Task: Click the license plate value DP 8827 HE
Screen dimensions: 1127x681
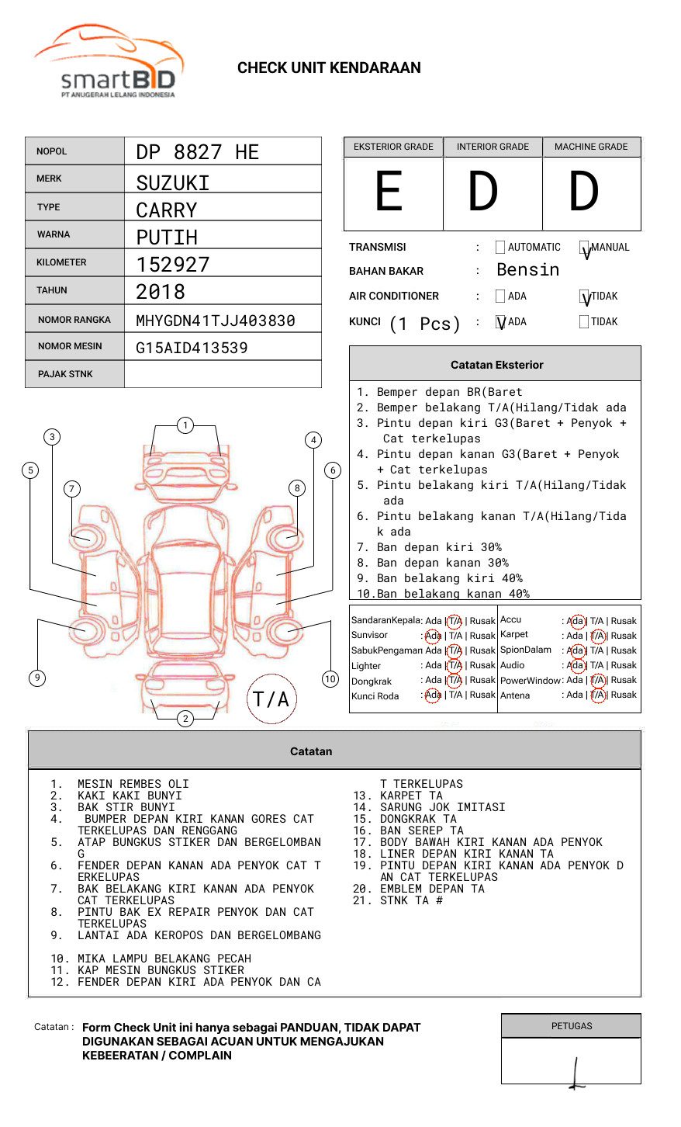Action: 197,152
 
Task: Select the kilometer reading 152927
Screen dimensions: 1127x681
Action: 173,265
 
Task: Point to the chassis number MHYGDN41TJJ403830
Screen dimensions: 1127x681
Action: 216,321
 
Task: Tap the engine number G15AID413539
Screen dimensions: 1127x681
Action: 192,348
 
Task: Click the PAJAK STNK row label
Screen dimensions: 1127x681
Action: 65,374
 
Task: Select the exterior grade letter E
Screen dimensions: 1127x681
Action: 389,192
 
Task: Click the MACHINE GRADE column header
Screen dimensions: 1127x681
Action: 591,147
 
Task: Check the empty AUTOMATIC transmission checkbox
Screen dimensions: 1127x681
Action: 500,248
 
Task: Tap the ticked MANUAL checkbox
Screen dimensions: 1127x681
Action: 585,248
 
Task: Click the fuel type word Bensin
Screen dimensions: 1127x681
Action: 527,270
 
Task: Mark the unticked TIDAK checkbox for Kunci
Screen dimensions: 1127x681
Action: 584,322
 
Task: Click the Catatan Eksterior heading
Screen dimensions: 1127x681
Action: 496,365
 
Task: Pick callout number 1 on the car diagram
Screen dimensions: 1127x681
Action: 185,425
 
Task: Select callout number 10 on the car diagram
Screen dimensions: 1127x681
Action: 330,679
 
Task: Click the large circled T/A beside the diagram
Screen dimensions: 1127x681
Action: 271,699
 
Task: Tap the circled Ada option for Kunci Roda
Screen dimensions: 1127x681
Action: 433,695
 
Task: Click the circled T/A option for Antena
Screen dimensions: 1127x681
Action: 597,695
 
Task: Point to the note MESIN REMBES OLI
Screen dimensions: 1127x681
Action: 133,784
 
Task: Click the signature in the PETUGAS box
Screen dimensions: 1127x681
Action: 576,1074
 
